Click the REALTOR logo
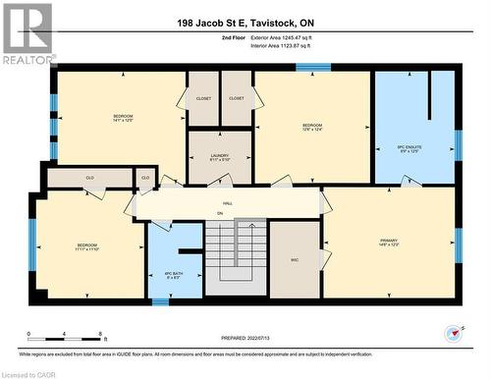(x=27, y=33)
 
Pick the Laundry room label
(x=220, y=157)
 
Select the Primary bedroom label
(x=389, y=242)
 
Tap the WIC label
(x=295, y=259)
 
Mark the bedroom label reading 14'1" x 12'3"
(x=122, y=119)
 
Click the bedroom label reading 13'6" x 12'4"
(x=312, y=127)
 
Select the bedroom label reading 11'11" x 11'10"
(x=87, y=246)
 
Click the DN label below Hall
(x=220, y=213)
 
